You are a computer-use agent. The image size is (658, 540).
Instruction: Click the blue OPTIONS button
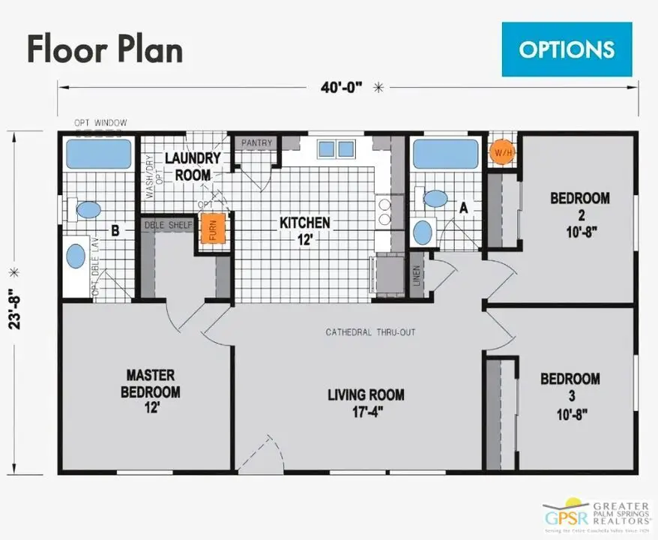567,49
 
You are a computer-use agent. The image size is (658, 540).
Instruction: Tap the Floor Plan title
105,49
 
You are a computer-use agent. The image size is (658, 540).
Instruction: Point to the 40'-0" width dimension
342,87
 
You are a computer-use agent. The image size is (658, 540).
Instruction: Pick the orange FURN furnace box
212,232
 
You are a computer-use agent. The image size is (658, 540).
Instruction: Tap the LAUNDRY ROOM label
192,166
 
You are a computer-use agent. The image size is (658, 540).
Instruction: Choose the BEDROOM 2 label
579,214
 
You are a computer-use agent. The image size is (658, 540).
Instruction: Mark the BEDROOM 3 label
570,394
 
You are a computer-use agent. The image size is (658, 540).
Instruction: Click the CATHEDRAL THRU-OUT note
370,332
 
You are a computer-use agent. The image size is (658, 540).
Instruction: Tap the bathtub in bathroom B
98,154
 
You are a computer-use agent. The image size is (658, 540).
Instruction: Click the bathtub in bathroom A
445,154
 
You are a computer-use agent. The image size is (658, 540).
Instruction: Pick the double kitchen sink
336,149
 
